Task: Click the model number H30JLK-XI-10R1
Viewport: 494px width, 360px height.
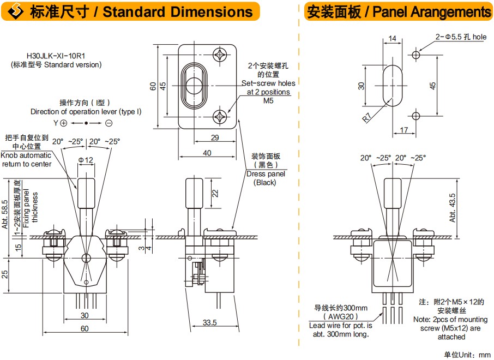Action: pyautogui.click(x=56, y=56)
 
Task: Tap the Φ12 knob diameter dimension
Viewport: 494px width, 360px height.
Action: pyautogui.click(x=86, y=160)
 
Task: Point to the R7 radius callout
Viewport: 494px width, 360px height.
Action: pyautogui.click(x=367, y=117)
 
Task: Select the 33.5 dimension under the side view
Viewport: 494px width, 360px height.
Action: pyautogui.click(x=209, y=322)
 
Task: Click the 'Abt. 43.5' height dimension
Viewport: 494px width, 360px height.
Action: pyautogui.click(x=453, y=208)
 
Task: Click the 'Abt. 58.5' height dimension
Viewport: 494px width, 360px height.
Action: pyautogui.click(x=5, y=214)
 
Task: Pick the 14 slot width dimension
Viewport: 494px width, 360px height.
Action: pyautogui.click(x=392, y=39)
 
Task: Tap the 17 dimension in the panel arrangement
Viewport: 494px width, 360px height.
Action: pyautogui.click(x=404, y=130)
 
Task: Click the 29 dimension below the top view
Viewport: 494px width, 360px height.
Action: pyautogui.click(x=215, y=137)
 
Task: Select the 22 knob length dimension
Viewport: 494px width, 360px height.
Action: pyautogui.click(x=215, y=193)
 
